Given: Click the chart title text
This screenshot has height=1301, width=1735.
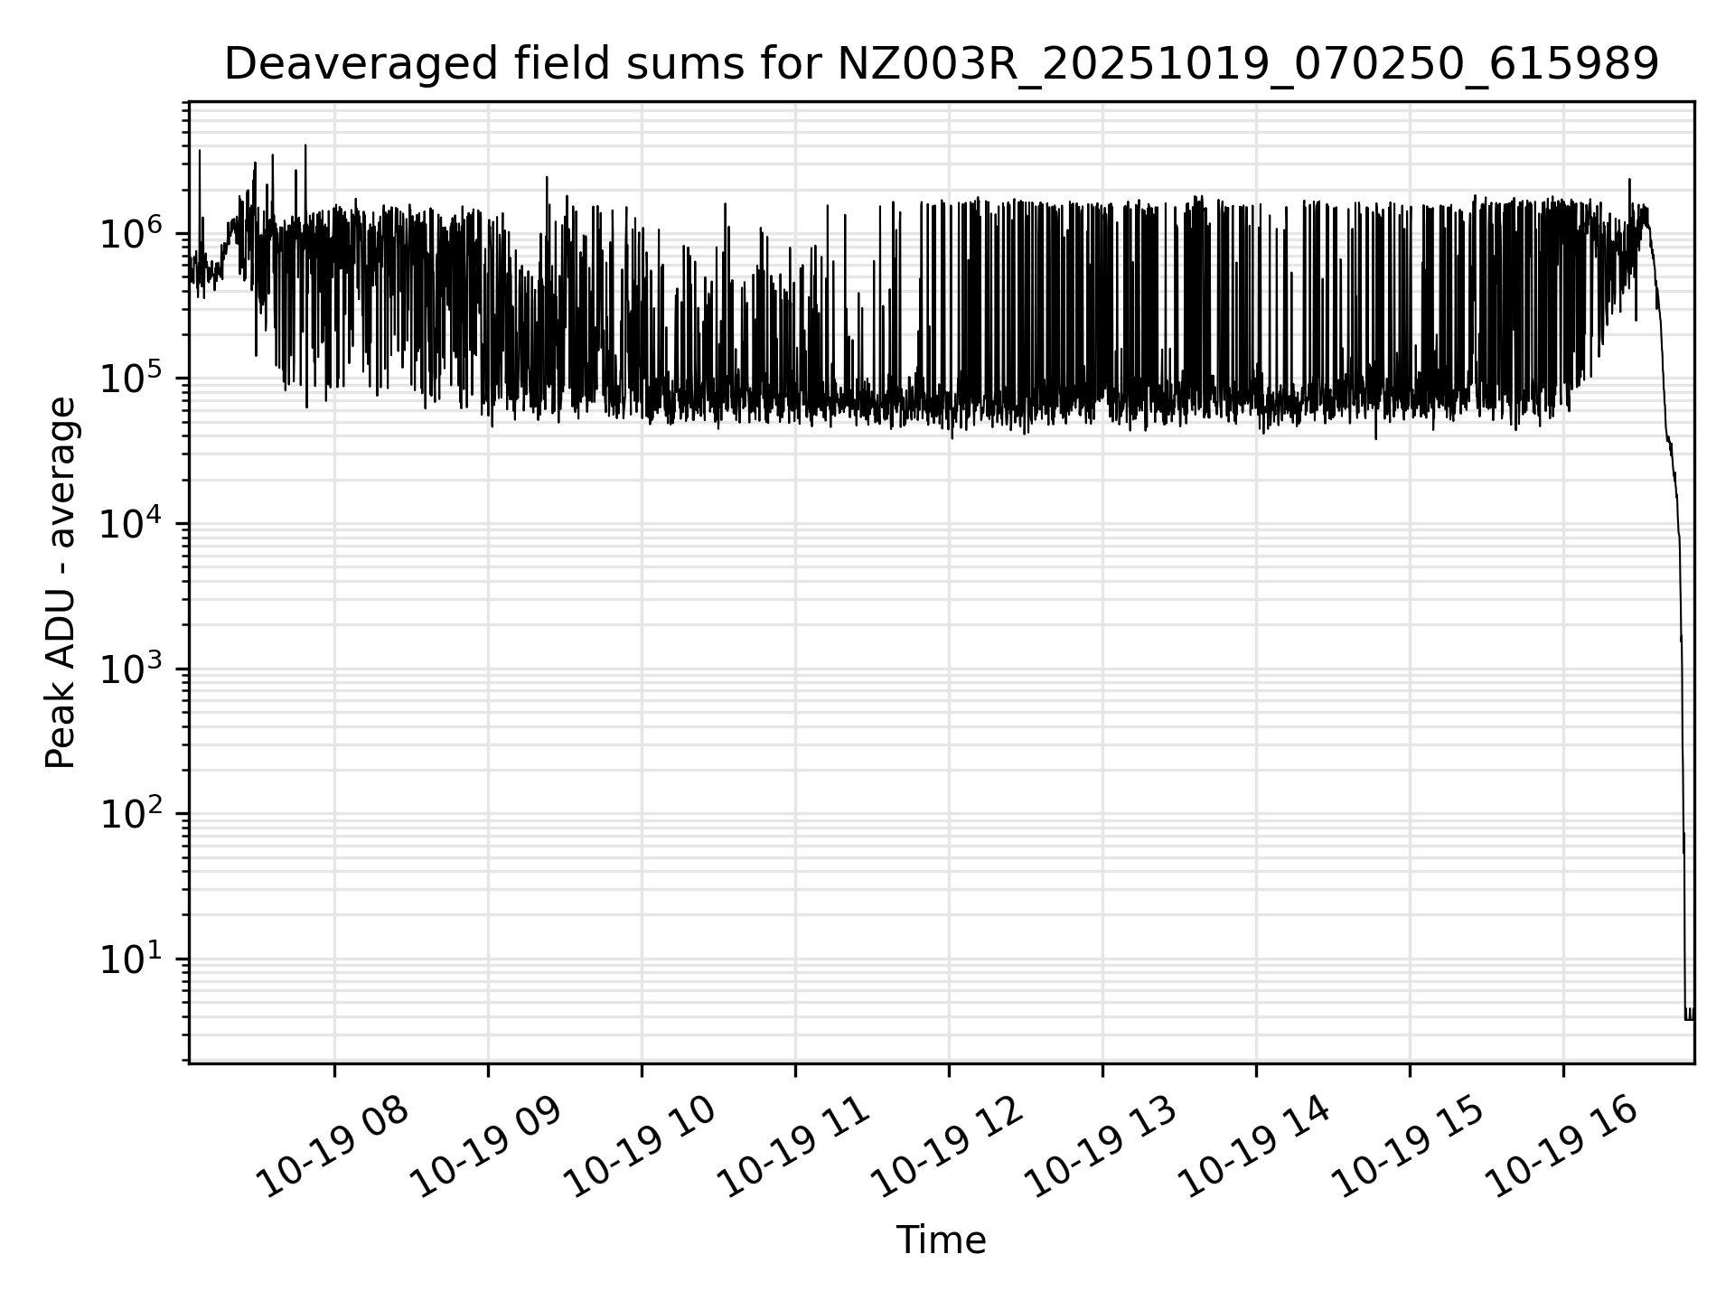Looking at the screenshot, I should coord(941,65).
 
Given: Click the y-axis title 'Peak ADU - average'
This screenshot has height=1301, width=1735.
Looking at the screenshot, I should coord(61,583).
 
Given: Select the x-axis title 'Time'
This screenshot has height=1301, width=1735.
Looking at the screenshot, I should coord(941,1240).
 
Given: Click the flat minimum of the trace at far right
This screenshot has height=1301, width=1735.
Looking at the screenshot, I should coord(1689,1019).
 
